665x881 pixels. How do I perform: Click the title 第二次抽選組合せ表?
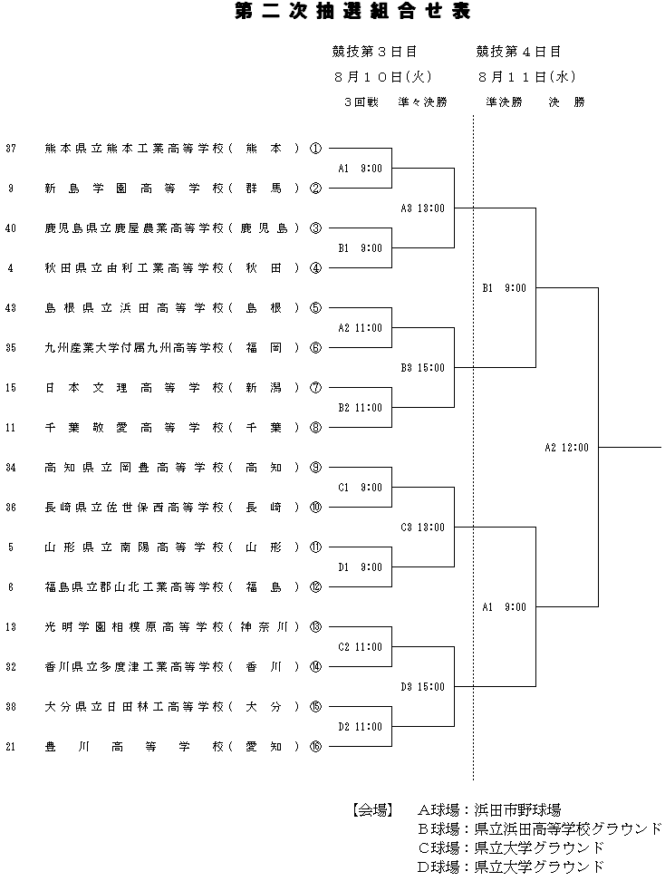pos(352,11)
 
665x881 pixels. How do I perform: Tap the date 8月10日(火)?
pos(383,76)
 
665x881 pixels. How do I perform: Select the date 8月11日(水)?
pos(526,76)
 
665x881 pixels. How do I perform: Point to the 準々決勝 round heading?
pos(422,102)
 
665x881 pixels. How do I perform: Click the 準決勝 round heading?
pos(505,102)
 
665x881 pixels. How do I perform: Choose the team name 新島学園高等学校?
pos(134,189)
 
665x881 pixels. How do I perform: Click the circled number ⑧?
pos(315,428)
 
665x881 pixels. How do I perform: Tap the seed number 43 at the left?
pos(11,308)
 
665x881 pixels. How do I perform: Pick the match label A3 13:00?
pos(422,208)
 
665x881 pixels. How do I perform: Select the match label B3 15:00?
pos(422,368)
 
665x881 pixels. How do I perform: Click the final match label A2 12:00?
pos(567,448)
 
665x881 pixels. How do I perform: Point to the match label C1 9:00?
pos(360,488)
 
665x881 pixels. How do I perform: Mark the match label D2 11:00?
pos(360,727)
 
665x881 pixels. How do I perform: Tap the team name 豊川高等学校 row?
pos(134,747)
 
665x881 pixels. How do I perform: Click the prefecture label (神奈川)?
pos(265,627)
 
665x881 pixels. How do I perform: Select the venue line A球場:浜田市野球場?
pos(488,809)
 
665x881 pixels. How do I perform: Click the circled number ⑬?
pos(315,627)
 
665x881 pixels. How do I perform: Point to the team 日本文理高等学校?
pos(134,388)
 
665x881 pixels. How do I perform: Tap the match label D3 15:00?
pos(422,687)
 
